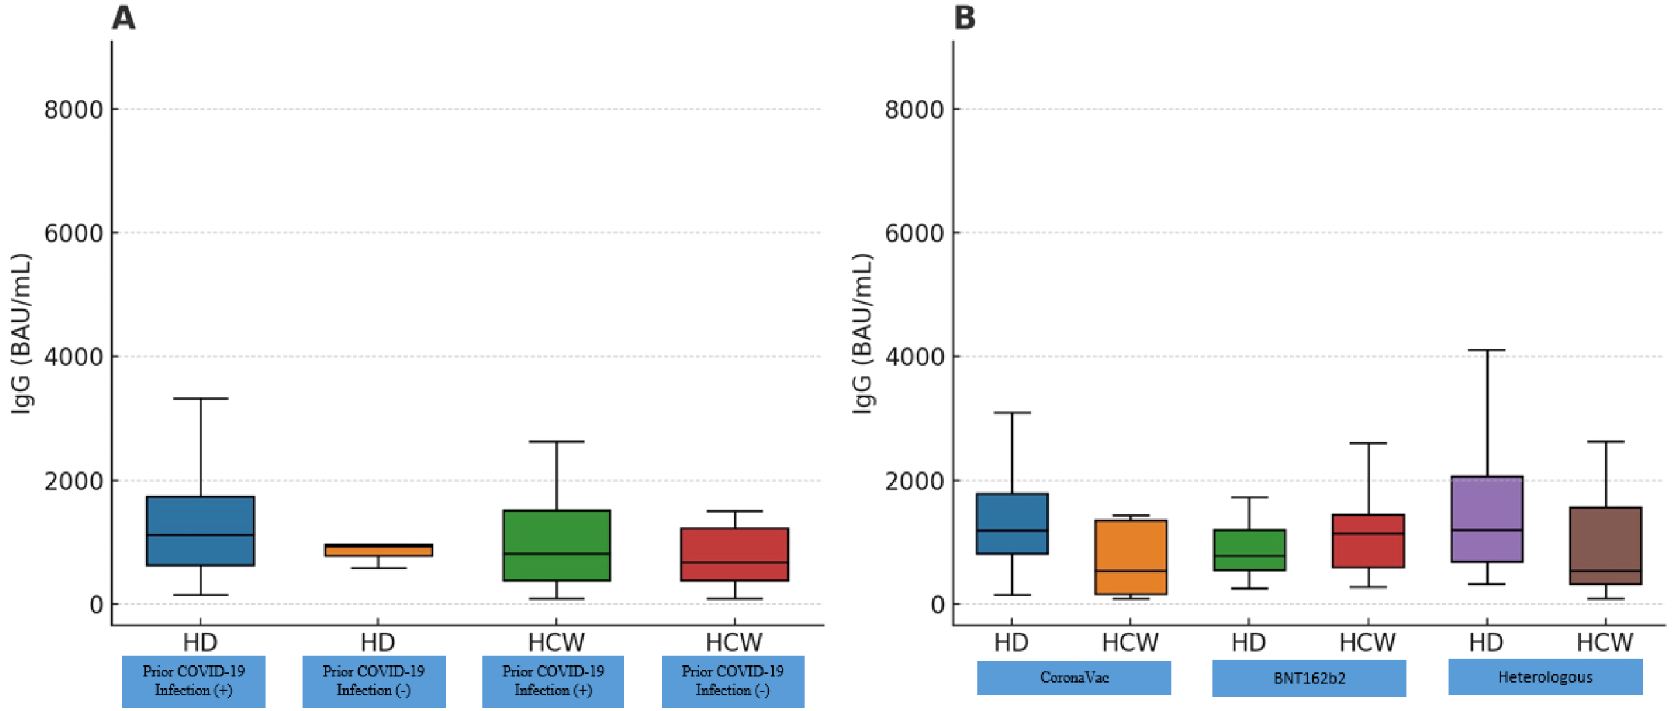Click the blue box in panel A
click(x=200, y=530)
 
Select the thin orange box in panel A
click(x=379, y=550)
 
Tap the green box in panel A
click(x=556, y=545)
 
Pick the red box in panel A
click(x=734, y=554)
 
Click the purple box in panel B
click(x=1486, y=518)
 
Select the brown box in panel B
click(x=1605, y=545)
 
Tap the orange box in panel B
click(x=1130, y=556)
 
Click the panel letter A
click(x=123, y=17)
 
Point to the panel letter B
click(x=964, y=17)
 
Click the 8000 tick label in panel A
click(x=73, y=110)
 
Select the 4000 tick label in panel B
click(x=914, y=357)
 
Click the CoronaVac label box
click(x=1073, y=678)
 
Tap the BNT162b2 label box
click(x=1309, y=678)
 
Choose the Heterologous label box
click(x=1545, y=677)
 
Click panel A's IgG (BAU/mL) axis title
click(x=22, y=334)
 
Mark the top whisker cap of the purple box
click(x=1486, y=350)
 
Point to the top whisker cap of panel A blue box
click(x=200, y=398)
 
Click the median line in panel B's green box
click(x=1249, y=556)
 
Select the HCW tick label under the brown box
click(x=1605, y=643)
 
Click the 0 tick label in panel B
click(x=937, y=605)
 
